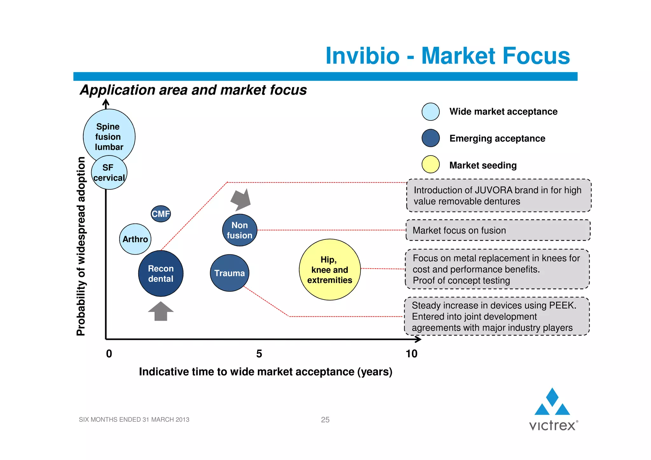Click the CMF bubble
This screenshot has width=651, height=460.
(161, 214)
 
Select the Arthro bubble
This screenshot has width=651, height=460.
(135, 239)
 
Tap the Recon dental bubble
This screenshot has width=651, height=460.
(161, 273)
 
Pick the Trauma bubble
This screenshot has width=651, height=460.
(230, 273)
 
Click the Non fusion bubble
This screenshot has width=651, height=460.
(239, 230)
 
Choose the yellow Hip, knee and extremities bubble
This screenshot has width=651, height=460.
(330, 270)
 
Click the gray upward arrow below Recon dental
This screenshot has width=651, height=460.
(161, 311)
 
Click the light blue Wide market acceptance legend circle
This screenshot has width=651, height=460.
(430, 112)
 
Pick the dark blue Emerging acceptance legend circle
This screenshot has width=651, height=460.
(430, 138)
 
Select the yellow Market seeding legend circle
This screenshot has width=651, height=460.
(430, 164)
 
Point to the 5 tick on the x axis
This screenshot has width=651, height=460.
(259, 354)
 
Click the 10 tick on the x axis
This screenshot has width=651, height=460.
(411, 354)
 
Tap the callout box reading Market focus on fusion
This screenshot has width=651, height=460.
(498, 230)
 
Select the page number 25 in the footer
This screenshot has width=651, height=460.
(325, 420)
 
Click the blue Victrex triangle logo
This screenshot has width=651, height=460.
(552, 402)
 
